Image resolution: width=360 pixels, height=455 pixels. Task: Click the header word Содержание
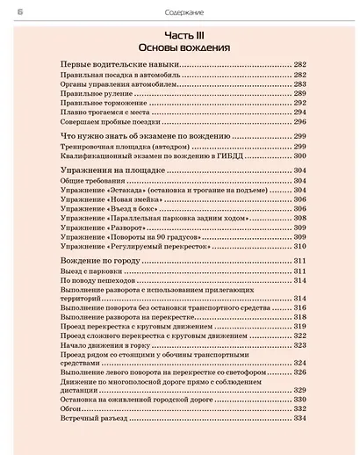coord(181,10)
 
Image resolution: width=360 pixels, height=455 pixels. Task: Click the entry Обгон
coord(71,408)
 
